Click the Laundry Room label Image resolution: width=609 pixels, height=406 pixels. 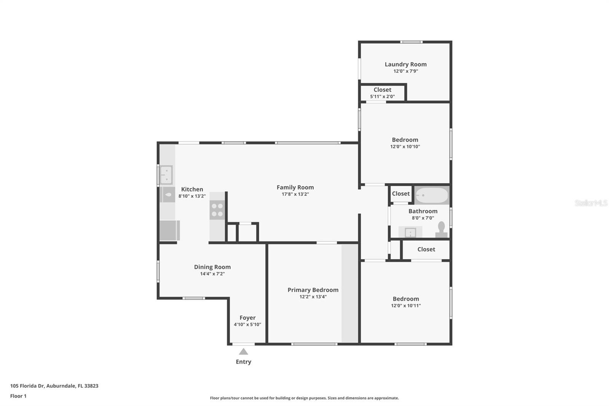tap(405, 64)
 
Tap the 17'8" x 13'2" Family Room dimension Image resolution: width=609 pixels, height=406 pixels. tap(295, 194)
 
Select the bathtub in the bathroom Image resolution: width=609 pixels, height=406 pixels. tap(432, 195)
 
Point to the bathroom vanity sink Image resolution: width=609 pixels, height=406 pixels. tap(410, 232)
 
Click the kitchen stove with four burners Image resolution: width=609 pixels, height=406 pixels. tap(217, 210)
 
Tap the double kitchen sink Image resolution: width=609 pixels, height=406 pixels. tap(166, 175)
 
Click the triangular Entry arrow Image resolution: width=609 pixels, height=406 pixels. tap(243, 352)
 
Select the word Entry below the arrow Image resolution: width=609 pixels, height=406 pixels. tap(243, 362)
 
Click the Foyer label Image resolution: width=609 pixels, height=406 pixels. tap(247, 318)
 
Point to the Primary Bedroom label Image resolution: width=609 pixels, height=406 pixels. tap(313, 290)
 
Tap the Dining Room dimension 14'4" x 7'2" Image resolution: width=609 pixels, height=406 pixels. tap(212, 274)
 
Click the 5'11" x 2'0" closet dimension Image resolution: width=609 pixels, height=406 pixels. tap(382, 96)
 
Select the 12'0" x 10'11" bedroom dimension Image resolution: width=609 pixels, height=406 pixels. tap(406, 305)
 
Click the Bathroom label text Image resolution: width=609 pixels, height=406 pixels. tap(423, 211)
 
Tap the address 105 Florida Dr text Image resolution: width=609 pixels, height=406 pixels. tap(27, 385)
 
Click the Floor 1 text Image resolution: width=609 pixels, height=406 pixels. tap(18, 396)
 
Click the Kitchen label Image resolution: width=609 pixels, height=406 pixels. tap(192, 189)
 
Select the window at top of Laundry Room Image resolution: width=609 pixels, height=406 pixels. tap(411, 42)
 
